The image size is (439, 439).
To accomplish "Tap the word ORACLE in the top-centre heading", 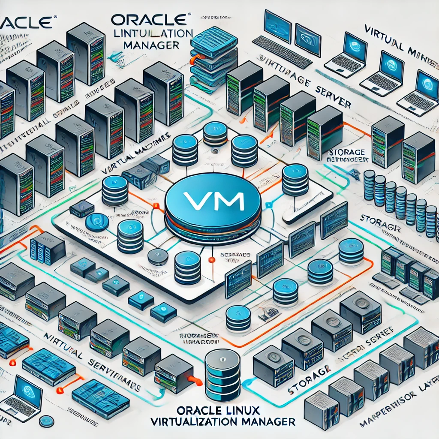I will pyautogui.click(x=148, y=21).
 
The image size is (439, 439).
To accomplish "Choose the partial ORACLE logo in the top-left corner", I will pyautogui.click(x=27, y=21).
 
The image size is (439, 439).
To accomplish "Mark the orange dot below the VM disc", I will pyautogui.click(x=210, y=260).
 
